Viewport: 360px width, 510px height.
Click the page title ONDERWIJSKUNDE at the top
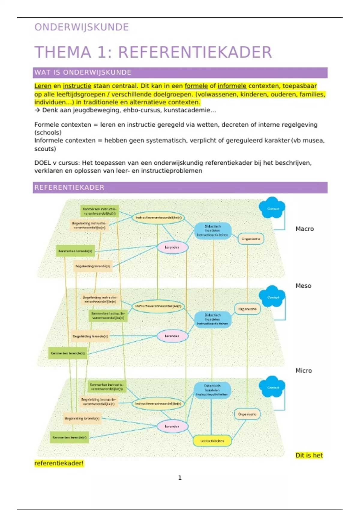tap(82, 27)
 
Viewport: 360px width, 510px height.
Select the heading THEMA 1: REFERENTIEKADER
tap(153, 52)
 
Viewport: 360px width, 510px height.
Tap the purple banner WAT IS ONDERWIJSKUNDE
tap(180, 73)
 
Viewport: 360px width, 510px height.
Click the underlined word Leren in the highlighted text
tap(43, 86)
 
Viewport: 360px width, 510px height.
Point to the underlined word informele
tap(232, 86)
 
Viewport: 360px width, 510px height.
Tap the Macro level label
tap(304, 229)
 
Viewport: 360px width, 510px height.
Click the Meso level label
tap(303, 286)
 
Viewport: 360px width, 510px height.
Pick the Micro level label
tap(304, 371)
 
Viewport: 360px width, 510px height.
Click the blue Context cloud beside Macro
tap(272, 208)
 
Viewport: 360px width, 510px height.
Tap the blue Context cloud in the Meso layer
tap(272, 297)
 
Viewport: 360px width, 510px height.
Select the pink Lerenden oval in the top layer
tap(172, 247)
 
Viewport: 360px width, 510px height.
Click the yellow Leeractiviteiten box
tap(212, 441)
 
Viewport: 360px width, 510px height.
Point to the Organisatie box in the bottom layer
tap(247, 414)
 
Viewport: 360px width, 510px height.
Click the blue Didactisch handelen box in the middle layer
tap(213, 319)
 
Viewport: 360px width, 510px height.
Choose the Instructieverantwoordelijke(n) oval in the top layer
tap(158, 218)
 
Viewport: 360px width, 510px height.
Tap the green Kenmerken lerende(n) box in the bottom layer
tap(69, 437)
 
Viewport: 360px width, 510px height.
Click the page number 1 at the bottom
tap(180, 478)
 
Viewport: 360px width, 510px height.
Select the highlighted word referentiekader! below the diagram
tap(59, 463)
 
